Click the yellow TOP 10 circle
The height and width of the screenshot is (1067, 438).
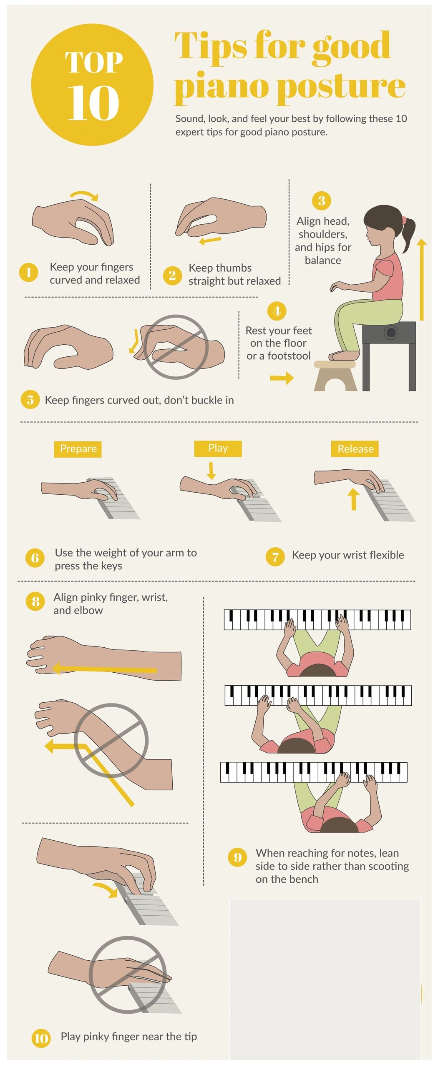point(92,85)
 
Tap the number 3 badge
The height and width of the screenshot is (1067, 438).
point(321,200)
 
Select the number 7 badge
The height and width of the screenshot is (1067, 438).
point(275,557)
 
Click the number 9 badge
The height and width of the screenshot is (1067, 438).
point(238,857)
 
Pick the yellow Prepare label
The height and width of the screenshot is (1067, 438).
point(78,449)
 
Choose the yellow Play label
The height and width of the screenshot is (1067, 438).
point(218,448)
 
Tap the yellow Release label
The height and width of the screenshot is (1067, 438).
point(355,449)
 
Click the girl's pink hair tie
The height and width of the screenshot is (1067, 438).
point(403,220)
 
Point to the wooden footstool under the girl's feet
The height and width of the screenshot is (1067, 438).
point(335,376)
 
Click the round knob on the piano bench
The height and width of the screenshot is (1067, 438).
point(391,332)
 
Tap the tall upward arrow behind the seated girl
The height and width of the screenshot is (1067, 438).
point(422,280)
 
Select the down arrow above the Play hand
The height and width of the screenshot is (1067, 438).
point(211,471)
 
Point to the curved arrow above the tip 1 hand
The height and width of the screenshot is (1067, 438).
point(84,194)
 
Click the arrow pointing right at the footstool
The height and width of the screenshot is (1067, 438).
point(282,378)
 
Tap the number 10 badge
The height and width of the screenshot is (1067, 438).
point(41,1038)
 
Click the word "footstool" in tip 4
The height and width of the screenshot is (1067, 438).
point(289,356)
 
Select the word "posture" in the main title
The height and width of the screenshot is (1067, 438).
point(341,87)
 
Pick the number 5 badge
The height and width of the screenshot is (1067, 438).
point(30,400)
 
